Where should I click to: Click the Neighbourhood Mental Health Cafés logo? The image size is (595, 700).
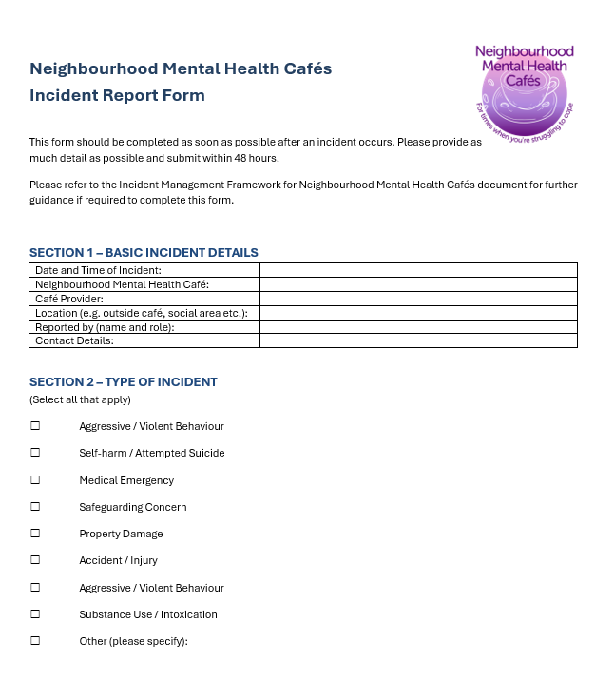(x=524, y=90)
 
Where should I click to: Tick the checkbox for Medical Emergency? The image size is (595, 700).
(x=35, y=480)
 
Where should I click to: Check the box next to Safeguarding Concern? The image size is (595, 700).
(x=35, y=507)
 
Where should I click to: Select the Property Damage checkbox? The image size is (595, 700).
(x=35, y=534)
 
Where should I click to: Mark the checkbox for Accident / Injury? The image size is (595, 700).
(x=35, y=560)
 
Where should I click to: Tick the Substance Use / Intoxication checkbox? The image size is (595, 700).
(x=35, y=614)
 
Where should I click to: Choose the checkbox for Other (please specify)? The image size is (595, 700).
(x=35, y=641)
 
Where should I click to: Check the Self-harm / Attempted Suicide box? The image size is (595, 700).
(x=35, y=453)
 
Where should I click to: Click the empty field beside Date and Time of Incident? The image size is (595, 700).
(x=418, y=270)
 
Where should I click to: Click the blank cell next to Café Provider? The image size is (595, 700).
(x=418, y=299)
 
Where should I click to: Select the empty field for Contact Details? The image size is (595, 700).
(x=418, y=340)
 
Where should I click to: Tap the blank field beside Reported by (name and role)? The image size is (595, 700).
(x=418, y=326)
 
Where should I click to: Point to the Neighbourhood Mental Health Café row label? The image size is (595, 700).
(x=122, y=284)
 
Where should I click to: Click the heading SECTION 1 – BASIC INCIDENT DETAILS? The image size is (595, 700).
(x=144, y=253)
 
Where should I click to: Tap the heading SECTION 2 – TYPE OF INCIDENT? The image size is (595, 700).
(x=124, y=382)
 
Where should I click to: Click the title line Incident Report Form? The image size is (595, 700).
(x=117, y=95)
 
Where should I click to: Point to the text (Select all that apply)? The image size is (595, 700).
(x=80, y=399)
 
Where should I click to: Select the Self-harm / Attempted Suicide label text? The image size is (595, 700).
(x=152, y=453)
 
